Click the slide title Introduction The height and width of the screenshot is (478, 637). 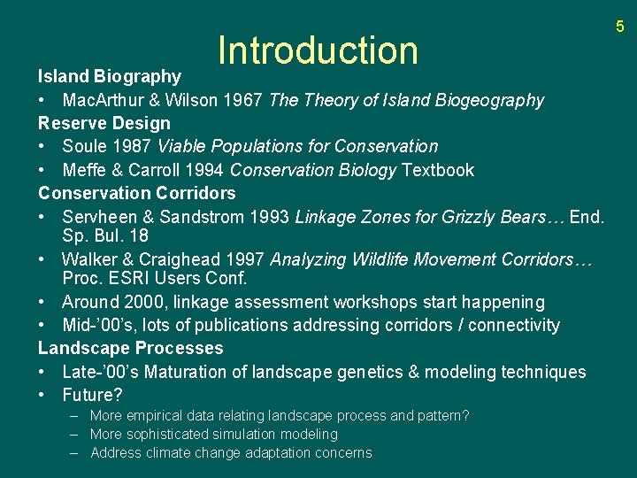318,50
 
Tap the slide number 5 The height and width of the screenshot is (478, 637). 619,27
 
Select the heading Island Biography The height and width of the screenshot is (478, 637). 109,77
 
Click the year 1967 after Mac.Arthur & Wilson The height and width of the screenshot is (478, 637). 243,100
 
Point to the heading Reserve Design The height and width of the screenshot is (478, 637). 104,123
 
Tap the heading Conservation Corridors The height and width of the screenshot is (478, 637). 137,193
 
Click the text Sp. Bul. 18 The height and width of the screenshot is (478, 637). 105,236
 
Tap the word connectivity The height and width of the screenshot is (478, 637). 514,325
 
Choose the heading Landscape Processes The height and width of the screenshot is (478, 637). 131,348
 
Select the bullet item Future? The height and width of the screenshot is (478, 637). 92,395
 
